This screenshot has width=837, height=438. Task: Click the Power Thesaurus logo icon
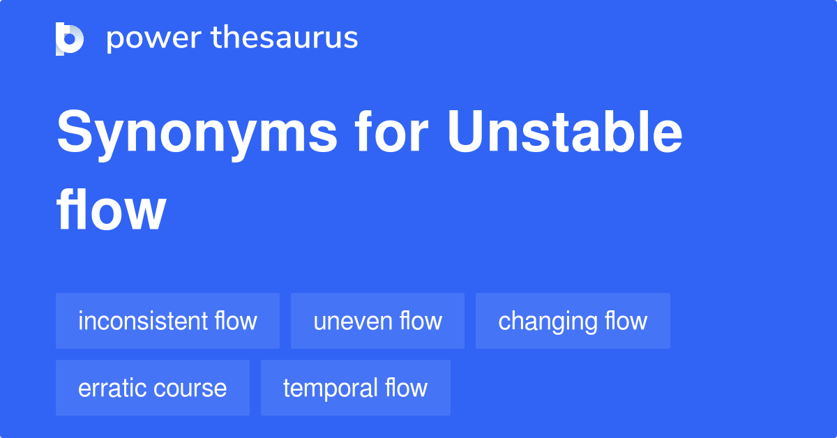pyautogui.click(x=70, y=38)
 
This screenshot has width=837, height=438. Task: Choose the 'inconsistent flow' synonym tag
pyautogui.click(x=167, y=321)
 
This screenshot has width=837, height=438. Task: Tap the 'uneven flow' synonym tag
pyautogui.click(x=377, y=321)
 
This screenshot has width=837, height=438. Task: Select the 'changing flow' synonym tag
pyautogui.click(x=573, y=321)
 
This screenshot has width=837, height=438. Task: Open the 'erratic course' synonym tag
pyautogui.click(x=153, y=388)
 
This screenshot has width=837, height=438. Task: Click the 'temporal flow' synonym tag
pyautogui.click(x=355, y=388)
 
